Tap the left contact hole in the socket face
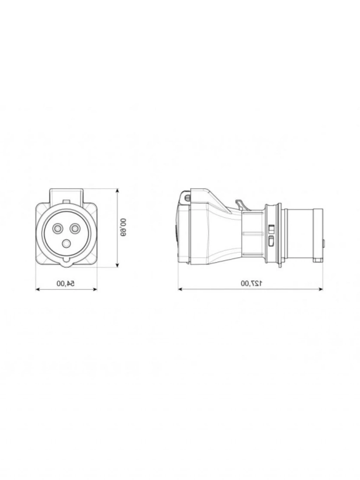tap(58, 229)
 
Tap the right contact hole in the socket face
tap(75, 229)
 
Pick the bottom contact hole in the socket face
tap(66, 244)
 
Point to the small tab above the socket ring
tap(66, 201)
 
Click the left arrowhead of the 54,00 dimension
tap(38, 289)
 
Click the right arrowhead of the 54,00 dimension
tap(95, 289)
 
